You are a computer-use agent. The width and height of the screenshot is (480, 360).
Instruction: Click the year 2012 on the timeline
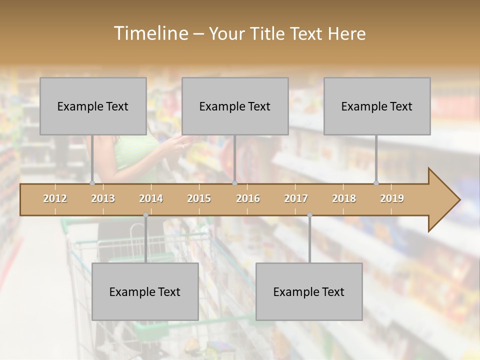point(55,198)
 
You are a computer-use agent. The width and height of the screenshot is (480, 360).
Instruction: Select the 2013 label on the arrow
point(103,198)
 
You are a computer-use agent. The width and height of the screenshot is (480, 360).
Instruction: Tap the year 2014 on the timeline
point(151,198)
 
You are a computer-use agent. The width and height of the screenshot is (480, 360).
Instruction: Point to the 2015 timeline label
point(199,198)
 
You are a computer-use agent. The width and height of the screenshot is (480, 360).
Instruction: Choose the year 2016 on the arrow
point(248,198)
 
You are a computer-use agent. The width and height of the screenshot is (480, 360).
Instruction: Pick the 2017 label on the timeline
point(296,198)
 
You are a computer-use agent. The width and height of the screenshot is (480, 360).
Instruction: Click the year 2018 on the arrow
point(344,198)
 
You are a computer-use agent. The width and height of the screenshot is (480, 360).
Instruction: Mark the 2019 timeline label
point(392,198)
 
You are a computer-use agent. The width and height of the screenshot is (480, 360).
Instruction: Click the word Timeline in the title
point(150,33)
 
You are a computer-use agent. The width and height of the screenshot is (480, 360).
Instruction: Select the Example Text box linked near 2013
point(93,106)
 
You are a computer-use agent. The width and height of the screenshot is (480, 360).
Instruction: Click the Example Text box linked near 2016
point(235,106)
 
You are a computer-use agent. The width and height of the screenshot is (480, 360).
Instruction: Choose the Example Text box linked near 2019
point(377,106)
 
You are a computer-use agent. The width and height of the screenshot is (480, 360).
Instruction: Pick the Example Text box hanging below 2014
point(145,291)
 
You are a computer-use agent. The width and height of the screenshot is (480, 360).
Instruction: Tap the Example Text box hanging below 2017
point(309,291)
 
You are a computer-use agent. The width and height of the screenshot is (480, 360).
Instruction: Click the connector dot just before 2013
point(92,183)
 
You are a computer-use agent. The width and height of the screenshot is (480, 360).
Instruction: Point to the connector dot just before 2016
point(234,183)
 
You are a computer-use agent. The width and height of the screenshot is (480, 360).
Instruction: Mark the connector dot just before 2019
point(376,183)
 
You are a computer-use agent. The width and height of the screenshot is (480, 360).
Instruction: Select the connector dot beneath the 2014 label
point(145,215)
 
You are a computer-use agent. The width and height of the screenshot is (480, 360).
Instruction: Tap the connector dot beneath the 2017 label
point(309,215)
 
